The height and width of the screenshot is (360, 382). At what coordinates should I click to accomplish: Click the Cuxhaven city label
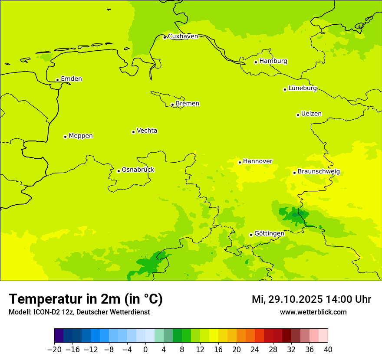click(x=183, y=36)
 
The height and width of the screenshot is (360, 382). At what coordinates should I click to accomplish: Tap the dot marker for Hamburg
click(x=256, y=62)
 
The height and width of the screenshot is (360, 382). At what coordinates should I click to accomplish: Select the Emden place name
click(x=71, y=79)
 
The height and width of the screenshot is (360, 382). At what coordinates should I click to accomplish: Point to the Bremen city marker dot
click(x=172, y=105)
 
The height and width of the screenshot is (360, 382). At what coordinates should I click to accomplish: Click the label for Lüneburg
click(x=303, y=88)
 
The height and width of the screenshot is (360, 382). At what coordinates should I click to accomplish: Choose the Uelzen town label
click(x=311, y=114)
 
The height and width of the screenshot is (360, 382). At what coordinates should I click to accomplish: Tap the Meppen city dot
click(x=65, y=137)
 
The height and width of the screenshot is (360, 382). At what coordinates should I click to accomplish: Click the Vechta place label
click(x=147, y=131)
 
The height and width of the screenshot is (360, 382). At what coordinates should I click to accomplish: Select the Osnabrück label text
click(x=138, y=170)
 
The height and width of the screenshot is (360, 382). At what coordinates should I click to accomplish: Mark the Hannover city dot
click(x=240, y=162)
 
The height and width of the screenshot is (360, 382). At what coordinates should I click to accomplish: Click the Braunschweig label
click(x=319, y=172)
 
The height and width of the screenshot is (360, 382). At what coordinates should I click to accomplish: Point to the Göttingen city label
click(x=269, y=233)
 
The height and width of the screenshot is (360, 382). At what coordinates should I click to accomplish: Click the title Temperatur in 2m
click(x=86, y=299)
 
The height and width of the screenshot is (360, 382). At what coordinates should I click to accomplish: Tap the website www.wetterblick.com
click(x=313, y=312)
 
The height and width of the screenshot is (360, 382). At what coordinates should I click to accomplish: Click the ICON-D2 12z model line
click(x=79, y=312)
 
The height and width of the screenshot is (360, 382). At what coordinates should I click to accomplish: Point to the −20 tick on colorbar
click(x=54, y=350)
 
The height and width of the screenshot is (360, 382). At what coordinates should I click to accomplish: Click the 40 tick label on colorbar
click(x=328, y=350)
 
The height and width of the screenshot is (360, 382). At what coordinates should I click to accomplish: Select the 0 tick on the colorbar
click(x=145, y=350)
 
